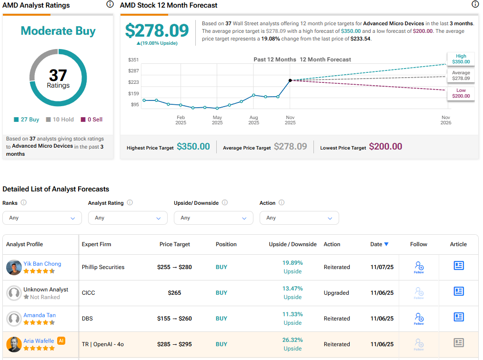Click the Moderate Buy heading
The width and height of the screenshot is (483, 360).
tap(58, 31)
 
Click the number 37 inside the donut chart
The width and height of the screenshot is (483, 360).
tap(58, 75)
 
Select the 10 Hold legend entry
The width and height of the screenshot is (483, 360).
tap(60, 120)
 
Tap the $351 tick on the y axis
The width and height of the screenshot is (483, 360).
tap(133, 60)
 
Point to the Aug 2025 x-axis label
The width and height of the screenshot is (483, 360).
tap(253, 120)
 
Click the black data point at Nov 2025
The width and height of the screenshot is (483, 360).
tap(290, 80)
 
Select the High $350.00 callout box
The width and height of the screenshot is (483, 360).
tap(461, 59)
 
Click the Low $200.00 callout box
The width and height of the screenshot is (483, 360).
tap(461, 93)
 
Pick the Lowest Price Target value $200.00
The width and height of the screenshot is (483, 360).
tap(385, 147)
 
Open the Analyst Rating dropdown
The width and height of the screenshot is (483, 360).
tap(128, 218)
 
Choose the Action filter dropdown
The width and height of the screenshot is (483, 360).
tap(299, 218)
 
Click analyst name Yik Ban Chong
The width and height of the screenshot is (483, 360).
tap(42, 263)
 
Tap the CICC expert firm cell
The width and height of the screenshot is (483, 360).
tap(89, 293)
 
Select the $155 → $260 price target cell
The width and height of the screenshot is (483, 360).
tap(174, 319)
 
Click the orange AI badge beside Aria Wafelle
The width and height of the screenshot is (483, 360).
tap(61, 340)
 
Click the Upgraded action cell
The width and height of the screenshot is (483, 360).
tap(336, 293)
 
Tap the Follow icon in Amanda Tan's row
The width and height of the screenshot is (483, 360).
tap(419, 318)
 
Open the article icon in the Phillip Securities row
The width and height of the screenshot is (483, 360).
tap(458, 266)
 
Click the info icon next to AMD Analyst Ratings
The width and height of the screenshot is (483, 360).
tap(110, 4)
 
